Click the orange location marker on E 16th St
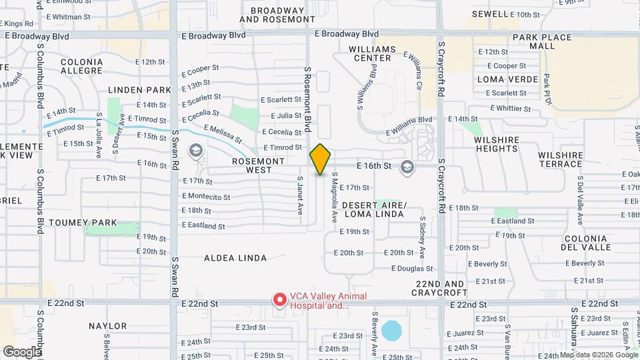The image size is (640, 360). (321, 159)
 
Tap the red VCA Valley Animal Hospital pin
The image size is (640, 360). (279, 300)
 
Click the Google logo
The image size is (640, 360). (21, 351)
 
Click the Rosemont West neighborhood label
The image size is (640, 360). (259, 165)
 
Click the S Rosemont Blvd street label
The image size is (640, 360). (308, 99)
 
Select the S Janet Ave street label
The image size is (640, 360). (300, 195)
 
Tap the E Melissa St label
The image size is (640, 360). (223, 134)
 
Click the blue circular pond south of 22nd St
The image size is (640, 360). (392, 330)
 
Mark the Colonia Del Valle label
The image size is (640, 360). (587, 243)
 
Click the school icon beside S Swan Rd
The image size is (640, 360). (196, 150)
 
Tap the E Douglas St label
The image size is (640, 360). (412, 269)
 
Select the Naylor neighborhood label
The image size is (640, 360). (107, 326)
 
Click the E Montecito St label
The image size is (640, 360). (206, 197)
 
